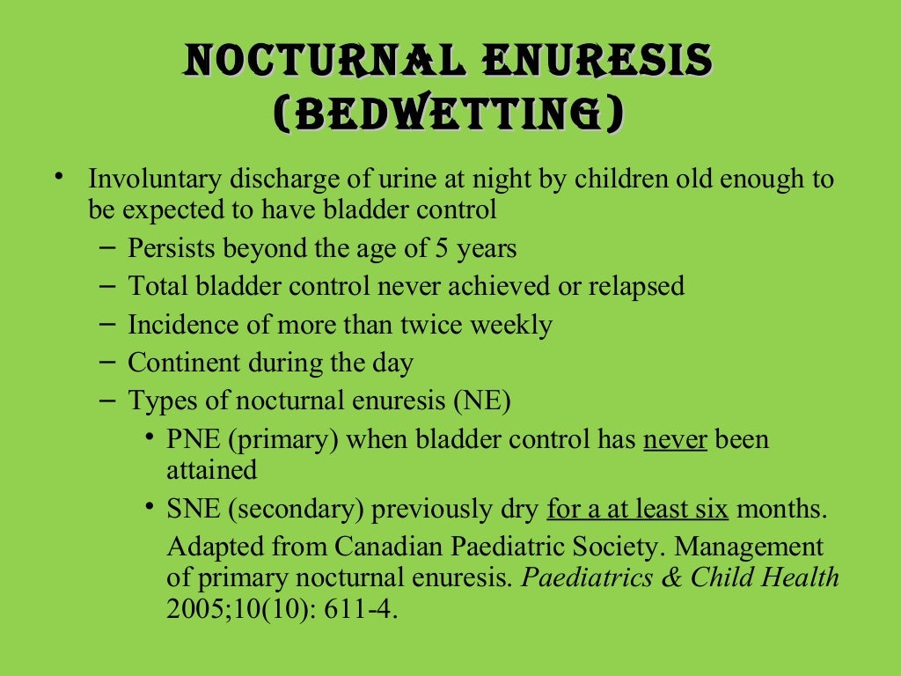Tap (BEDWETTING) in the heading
450,114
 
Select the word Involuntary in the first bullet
155,180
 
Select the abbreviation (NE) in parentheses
482,400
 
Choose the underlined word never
675,439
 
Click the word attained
211,469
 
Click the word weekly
510,325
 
